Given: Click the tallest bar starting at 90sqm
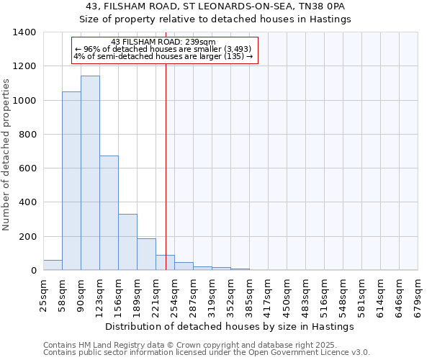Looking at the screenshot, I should (x=90, y=173).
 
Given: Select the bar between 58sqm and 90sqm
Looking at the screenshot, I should (x=71, y=181).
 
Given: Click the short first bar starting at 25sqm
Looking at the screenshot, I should (x=53, y=265).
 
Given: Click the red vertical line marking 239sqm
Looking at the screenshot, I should (x=166, y=180).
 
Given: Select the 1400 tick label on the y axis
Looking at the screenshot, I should (x=24, y=32).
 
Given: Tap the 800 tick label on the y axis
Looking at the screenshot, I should (x=27, y=135).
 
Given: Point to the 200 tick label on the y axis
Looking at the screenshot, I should (x=27, y=237).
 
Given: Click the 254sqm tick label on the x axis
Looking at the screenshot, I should (x=175, y=295).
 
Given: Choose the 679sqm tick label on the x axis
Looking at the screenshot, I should (x=418, y=295).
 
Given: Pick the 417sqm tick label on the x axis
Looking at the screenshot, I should (x=269, y=295).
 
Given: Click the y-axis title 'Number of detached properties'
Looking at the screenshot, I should (x=6, y=152).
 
